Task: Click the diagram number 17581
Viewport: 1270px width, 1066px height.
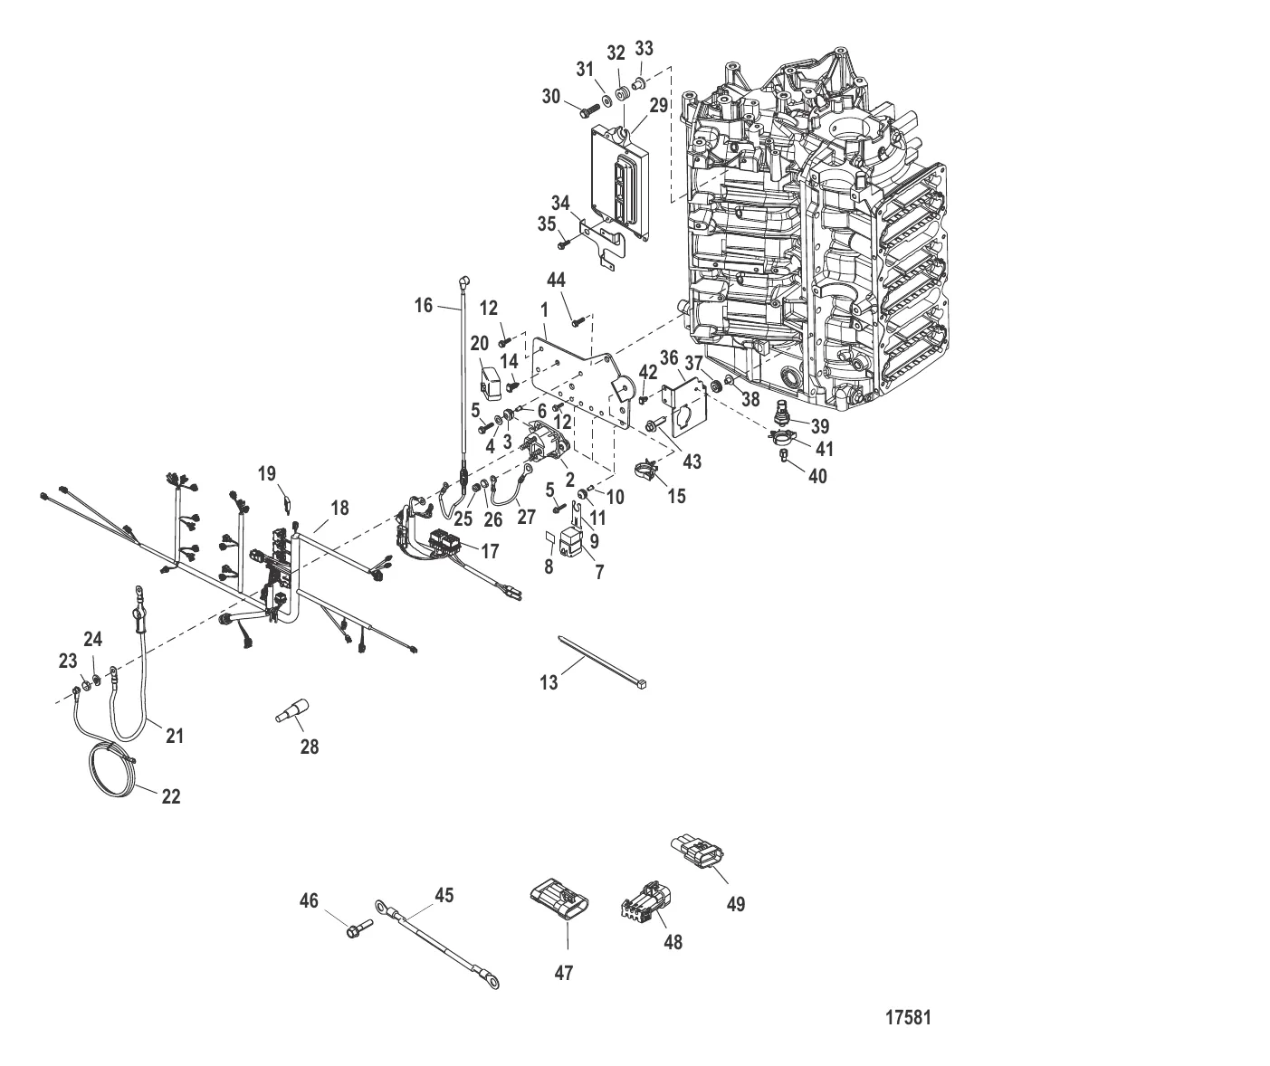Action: [908, 1017]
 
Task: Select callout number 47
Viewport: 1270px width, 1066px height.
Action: [564, 973]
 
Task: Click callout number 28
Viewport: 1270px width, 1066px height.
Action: [310, 747]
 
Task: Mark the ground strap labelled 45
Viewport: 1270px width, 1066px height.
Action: [437, 940]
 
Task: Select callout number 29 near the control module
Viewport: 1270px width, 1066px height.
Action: [658, 105]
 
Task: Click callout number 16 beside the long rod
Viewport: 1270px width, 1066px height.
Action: [424, 305]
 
